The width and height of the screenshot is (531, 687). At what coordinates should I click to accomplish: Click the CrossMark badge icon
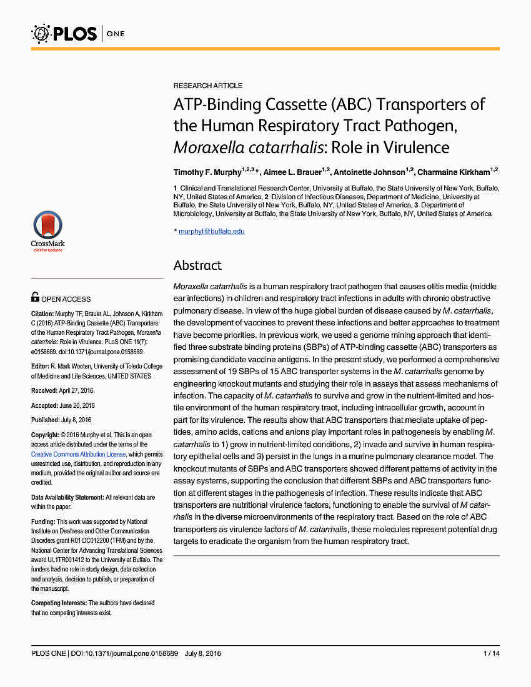47,231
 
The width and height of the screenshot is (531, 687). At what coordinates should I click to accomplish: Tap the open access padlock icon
35,298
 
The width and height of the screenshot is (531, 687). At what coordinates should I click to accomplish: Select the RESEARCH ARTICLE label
208,86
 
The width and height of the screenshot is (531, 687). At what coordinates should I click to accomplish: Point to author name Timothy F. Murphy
207,172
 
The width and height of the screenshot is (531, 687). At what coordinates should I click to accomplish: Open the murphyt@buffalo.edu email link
212,231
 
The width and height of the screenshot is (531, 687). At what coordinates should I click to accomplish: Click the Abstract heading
197,265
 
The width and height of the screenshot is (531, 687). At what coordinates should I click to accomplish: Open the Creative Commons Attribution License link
78,454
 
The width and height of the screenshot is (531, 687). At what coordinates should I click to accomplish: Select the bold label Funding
43,521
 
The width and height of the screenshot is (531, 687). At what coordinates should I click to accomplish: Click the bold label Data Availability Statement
67,497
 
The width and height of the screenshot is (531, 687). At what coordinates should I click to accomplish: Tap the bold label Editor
40,367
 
